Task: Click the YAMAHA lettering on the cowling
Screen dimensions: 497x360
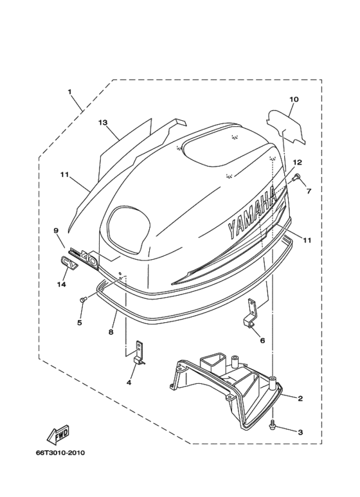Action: [253, 213]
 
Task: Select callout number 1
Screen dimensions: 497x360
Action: [69, 91]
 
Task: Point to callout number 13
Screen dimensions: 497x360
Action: [102, 122]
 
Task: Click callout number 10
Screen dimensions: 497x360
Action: [294, 99]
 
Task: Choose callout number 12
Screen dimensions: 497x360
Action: [297, 163]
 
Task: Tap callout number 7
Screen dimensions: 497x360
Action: [308, 191]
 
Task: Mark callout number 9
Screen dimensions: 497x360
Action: [56, 230]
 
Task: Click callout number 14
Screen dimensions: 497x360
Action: [62, 284]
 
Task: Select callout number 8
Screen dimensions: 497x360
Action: [111, 332]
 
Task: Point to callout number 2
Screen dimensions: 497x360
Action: [300, 398]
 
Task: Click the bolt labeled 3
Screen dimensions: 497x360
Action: [273, 426]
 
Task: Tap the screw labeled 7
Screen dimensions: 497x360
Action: [297, 177]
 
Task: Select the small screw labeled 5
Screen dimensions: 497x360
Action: [83, 299]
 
